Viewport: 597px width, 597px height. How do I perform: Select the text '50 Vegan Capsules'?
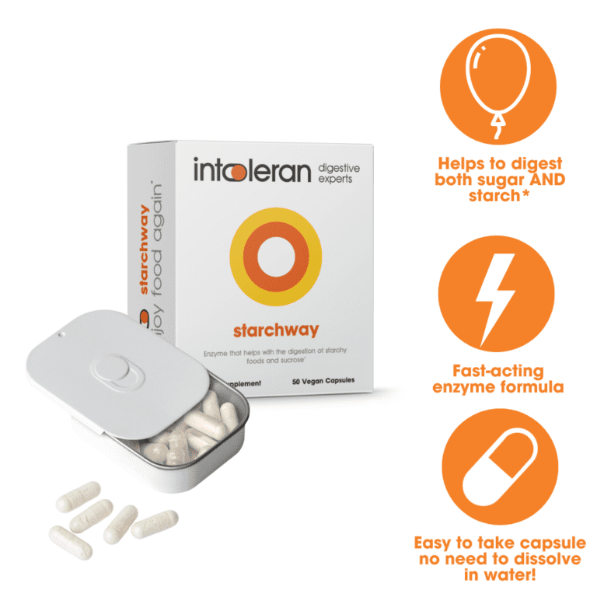click(324, 382)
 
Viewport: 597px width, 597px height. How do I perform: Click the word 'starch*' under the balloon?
click(497, 197)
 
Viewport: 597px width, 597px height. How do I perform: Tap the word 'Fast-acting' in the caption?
click(497, 371)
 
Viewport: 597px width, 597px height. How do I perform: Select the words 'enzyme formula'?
click(497, 386)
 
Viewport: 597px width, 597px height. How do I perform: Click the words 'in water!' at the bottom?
click(497, 574)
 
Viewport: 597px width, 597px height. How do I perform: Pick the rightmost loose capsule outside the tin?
click(155, 524)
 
